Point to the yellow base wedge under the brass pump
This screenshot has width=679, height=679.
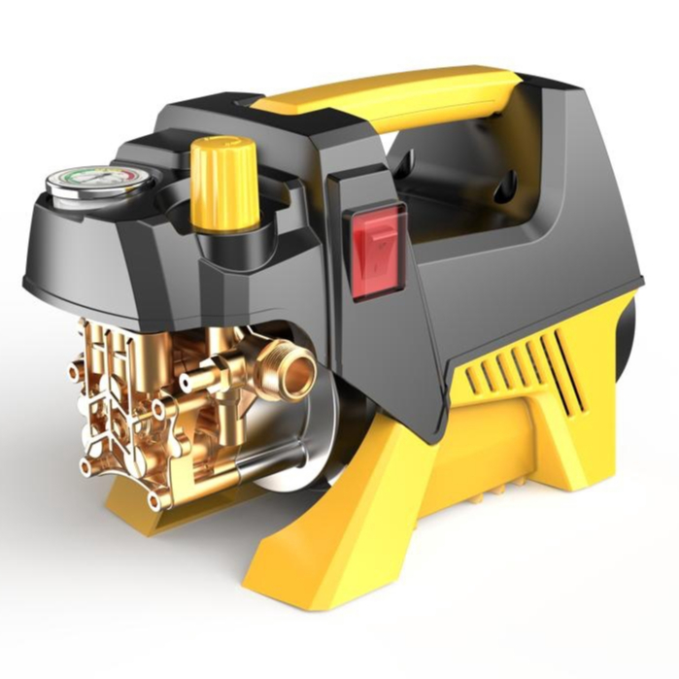coord(146,510)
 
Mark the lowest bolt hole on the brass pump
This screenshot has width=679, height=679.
coord(153,501)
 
